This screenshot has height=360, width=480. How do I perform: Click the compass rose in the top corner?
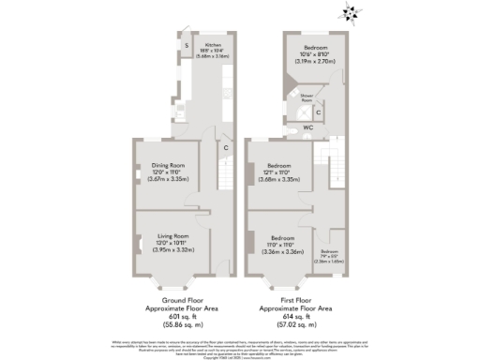[x=352, y=13]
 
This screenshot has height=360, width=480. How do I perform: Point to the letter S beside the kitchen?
[x=187, y=45]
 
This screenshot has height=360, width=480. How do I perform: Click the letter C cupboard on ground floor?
[x=226, y=147]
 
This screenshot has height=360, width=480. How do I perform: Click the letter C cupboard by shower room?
[x=320, y=112]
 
